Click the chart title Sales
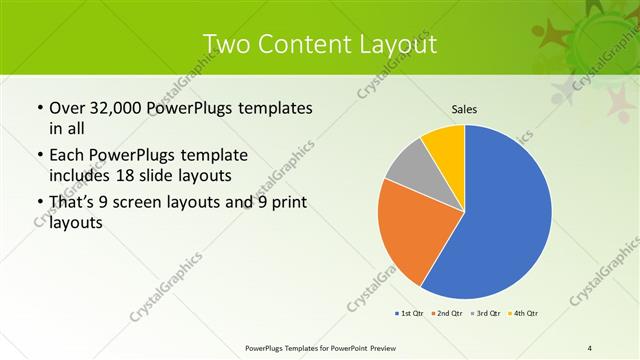coord(464,108)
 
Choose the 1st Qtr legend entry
coord(410,314)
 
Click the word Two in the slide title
coord(227,45)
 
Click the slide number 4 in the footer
coord(590,347)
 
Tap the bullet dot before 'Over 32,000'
coord(39,108)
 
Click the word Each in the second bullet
coord(67,156)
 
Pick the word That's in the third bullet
coord(73,203)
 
